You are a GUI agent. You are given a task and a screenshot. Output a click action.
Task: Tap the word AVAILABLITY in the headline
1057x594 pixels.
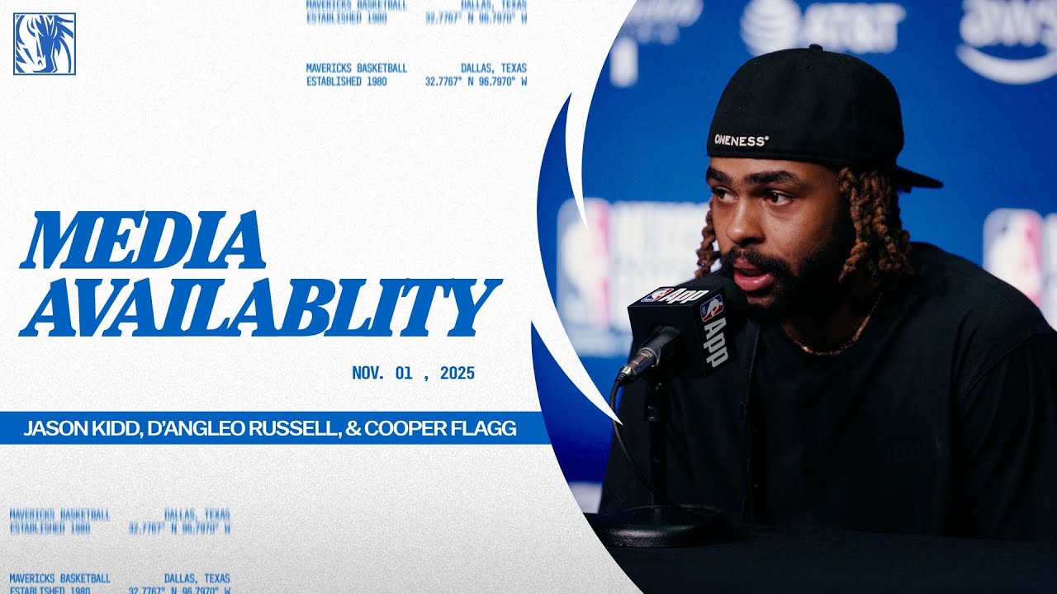click(x=260, y=308)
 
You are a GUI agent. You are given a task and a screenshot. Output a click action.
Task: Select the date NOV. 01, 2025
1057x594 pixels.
click(x=413, y=373)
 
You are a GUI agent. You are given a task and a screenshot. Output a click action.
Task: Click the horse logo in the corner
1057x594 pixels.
click(x=45, y=44)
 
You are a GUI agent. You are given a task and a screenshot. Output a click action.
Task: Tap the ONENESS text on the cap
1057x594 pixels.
click(x=741, y=140)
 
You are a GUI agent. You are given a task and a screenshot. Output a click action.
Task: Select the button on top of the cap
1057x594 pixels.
click(x=813, y=49)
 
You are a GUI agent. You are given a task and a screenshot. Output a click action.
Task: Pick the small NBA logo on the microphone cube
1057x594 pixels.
click(x=710, y=309)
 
